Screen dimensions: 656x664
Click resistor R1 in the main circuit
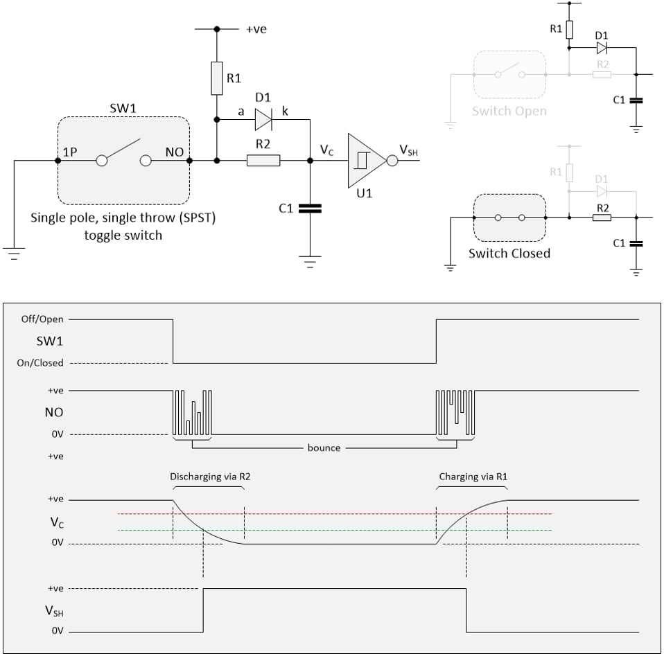coord(216,78)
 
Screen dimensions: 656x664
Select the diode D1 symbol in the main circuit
coord(263,119)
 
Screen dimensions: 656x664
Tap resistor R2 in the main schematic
coord(263,161)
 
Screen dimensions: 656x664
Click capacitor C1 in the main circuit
coord(310,208)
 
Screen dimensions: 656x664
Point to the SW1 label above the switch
coord(123,109)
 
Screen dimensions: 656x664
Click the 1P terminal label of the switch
coord(69,152)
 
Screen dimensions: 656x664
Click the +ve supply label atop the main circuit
coord(256,29)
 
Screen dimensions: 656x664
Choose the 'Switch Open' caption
coord(509,111)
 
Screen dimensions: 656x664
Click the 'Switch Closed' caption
coord(509,254)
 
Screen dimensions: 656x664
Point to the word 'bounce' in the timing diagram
coord(324,447)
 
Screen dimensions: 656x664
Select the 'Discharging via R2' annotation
coord(207,477)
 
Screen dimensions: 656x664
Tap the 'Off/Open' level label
coord(43,319)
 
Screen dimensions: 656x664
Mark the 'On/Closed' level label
coord(40,363)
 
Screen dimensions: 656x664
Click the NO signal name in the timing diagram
coord(53,412)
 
